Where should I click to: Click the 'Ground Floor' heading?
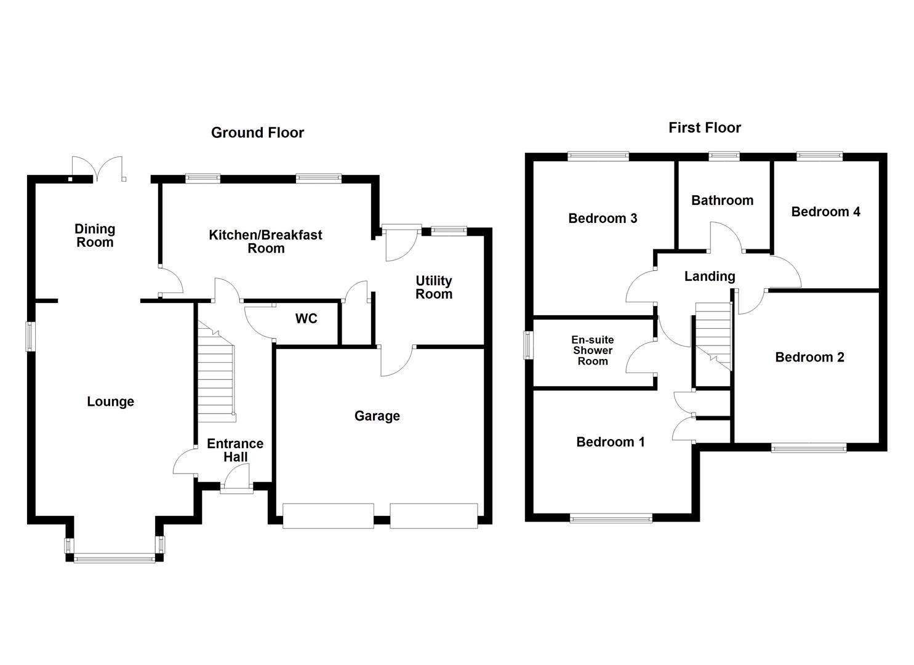tap(257, 132)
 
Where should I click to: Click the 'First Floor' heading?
tap(705, 127)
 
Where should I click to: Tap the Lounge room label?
tap(110, 401)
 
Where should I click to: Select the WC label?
tap(306, 318)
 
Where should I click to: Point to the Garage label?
tap(377, 416)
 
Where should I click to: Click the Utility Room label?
tap(433, 288)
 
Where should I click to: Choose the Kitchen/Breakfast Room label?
tap(265, 241)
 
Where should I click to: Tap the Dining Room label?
tap(95, 235)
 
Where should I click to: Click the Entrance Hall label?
tap(235, 450)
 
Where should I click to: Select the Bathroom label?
tap(722, 200)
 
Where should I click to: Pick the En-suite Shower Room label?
tap(592, 350)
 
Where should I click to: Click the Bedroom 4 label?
tap(825, 212)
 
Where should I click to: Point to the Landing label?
tap(710, 276)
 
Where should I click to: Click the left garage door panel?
tap(328, 516)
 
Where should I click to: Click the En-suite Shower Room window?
tap(529, 345)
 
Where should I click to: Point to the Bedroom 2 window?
tap(809, 448)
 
